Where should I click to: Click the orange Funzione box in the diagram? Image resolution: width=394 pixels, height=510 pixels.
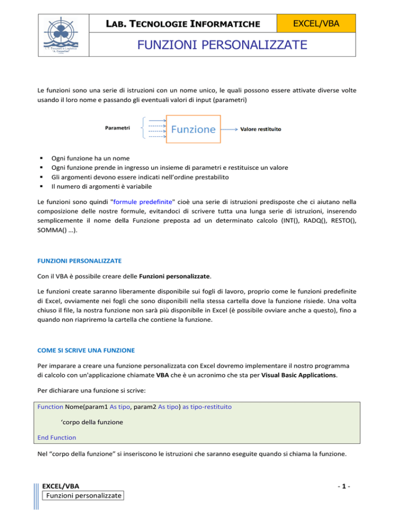click(x=191, y=129)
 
